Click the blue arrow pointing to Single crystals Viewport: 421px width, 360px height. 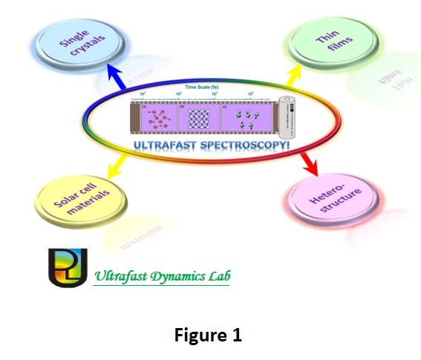pos(117,76)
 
